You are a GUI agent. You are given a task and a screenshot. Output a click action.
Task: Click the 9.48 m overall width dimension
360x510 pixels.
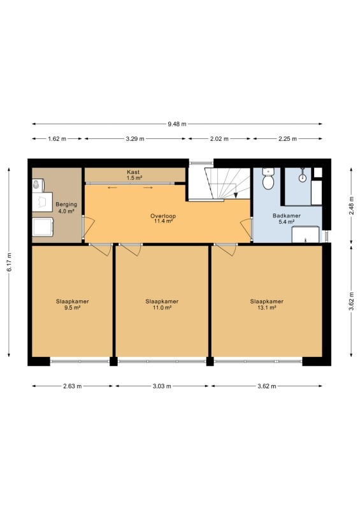(177, 124)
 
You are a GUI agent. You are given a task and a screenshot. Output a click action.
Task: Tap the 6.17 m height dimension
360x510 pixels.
(10, 262)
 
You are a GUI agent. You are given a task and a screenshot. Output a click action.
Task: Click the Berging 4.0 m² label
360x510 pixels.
(66, 208)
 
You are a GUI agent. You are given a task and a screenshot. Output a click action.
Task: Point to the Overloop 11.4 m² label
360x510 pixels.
(163, 219)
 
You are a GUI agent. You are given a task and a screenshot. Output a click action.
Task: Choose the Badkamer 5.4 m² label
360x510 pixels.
(287, 219)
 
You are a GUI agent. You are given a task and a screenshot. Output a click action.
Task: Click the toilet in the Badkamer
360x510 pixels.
(268, 178)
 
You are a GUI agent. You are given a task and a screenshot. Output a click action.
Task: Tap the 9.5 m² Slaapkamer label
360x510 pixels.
(72, 305)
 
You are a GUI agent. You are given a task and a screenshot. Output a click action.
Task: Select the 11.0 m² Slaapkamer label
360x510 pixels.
(162, 305)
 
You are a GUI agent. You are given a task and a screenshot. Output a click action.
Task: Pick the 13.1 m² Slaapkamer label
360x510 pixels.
(267, 305)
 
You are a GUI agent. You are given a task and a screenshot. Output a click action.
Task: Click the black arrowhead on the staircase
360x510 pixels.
(236, 195)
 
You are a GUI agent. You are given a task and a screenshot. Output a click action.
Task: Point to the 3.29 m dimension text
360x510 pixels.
(135, 139)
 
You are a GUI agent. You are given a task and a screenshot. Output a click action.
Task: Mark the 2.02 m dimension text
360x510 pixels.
(219, 139)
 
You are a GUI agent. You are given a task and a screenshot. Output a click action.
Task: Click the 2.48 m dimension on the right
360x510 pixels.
(351, 205)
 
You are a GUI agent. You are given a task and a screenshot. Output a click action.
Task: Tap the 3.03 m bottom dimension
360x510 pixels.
(162, 386)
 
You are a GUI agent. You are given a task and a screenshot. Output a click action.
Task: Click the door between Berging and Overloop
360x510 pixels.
(89, 226)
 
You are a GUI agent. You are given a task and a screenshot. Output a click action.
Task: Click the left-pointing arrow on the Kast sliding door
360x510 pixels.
(113, 187)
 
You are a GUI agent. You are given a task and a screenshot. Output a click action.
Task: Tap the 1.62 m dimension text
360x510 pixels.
(57, 139)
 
